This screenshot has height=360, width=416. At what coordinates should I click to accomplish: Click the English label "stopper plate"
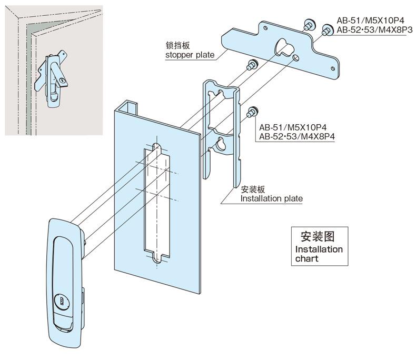pos(191,55)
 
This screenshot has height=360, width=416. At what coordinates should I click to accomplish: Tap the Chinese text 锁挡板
pos(176,46)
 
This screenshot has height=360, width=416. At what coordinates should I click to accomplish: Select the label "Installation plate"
pos(271,198)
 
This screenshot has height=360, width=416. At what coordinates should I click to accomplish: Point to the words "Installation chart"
pos(319,254)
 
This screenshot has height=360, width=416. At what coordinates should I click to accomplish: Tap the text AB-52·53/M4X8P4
pos(298,136)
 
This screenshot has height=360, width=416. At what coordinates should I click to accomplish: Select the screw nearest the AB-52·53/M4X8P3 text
pos(326,30)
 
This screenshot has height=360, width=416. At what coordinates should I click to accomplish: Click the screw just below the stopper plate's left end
pos(251,65)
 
